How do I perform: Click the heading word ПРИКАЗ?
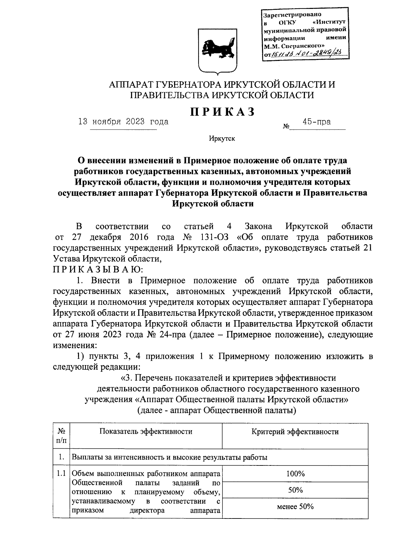click(x=222, y=112)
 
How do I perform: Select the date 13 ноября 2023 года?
click(x=123, y=122)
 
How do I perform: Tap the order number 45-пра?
click(x=317, y=122)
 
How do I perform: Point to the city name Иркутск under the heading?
click(x=222, y=139)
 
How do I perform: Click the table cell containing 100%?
click(x=295, y=474)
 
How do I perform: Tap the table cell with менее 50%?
click(x=295, y=507)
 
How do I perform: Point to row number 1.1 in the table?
click(x=61, y=474)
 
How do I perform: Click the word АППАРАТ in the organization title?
click(x=135, y=85)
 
